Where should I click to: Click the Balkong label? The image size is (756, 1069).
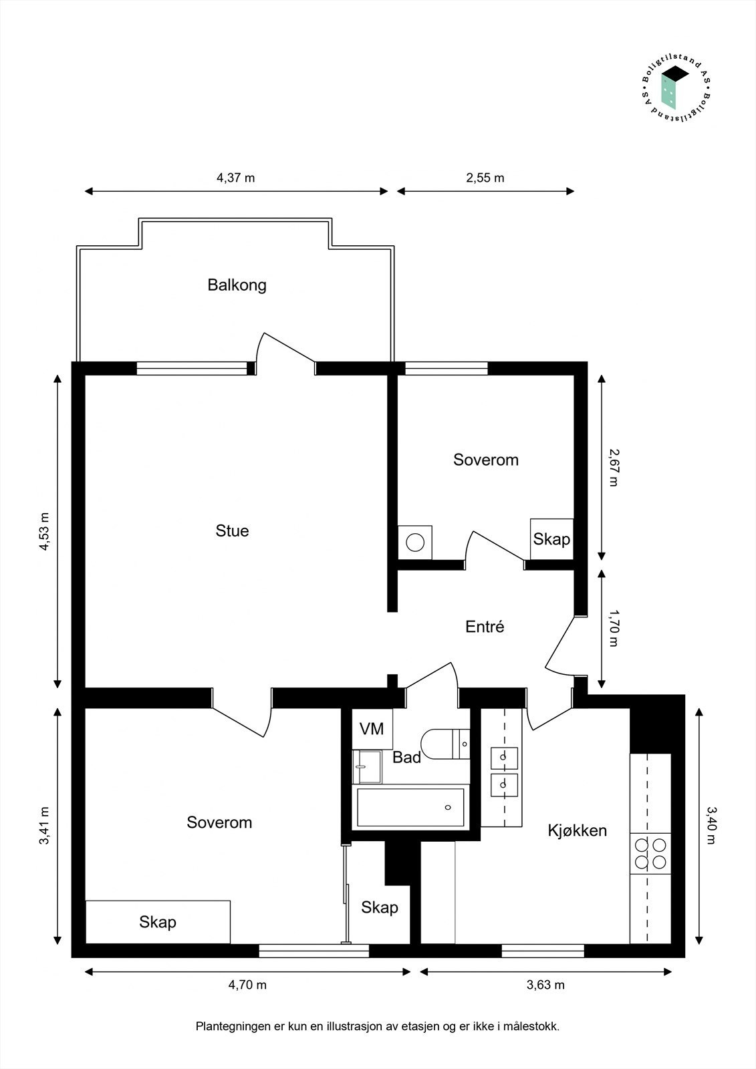click(237, 285)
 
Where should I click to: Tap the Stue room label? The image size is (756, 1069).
click(232, 530)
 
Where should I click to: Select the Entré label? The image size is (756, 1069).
click(485, 627)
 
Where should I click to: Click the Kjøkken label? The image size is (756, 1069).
click(578, 831)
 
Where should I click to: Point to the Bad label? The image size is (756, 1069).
click(407, 758)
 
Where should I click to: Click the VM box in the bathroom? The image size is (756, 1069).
click(372, 729)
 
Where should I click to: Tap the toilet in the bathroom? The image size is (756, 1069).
click(446, 744)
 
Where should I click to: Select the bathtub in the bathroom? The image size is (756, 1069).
click(410, 807)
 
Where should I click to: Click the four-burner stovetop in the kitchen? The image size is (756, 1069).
click(650, 854)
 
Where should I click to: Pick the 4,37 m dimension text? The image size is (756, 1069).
click(236, 178)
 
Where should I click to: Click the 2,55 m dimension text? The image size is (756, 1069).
click(485, 178)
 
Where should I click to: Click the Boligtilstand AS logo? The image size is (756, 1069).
click(676, 90)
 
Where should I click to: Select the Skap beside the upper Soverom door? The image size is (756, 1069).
click(551, 539)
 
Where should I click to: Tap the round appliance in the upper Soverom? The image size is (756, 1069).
click(415, 543)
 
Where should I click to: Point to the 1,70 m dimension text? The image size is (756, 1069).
click(614, 628)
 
